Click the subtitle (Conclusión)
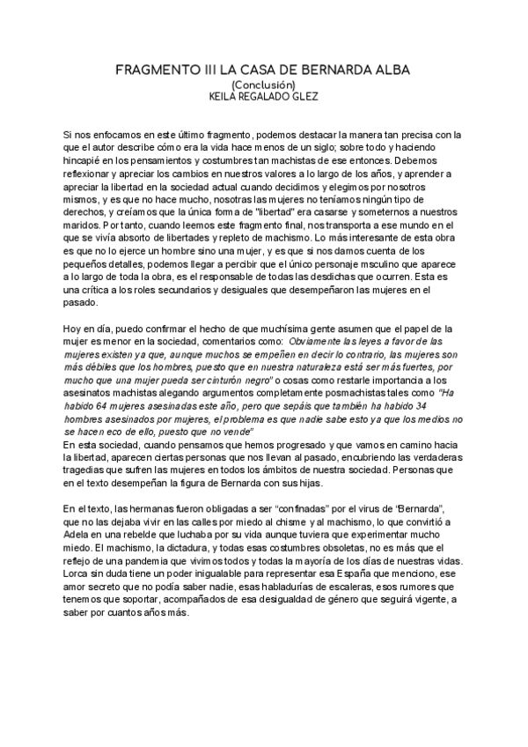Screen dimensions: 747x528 (263, 84)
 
